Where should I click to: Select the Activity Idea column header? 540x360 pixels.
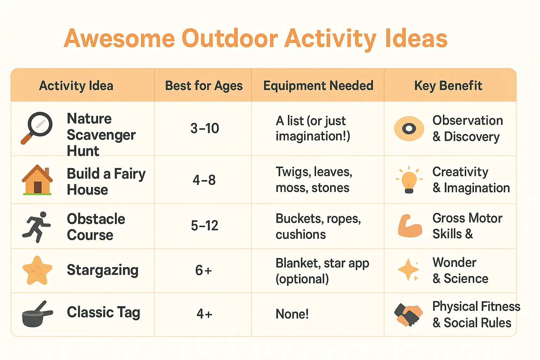(x=76, y=86)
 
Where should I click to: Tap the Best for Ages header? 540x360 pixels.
(x=204, y=86)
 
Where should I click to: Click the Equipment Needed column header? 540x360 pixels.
(x=318, y=86)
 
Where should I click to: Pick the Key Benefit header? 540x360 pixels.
(x=448, y=86)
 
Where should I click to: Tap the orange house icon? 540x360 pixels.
(x=37, y=180)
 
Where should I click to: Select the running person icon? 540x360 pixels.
(x=37, y=227)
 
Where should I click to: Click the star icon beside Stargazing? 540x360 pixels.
(x=37, y=270)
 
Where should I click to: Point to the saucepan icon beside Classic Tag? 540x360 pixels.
(x=37, y=314)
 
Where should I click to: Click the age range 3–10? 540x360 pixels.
(x=205, y=128)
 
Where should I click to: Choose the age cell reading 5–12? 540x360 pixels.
(x=205, y=225)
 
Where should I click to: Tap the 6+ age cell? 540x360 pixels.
(x=204, y=270)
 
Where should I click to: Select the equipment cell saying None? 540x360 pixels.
(x=292, y=314)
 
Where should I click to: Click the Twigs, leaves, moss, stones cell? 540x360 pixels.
(x=314, y=180)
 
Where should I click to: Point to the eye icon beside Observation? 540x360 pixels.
(x=409, y=129)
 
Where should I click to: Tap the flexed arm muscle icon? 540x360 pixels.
(x=410, y=226)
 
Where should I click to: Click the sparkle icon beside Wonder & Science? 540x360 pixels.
(x=409, y=270)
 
